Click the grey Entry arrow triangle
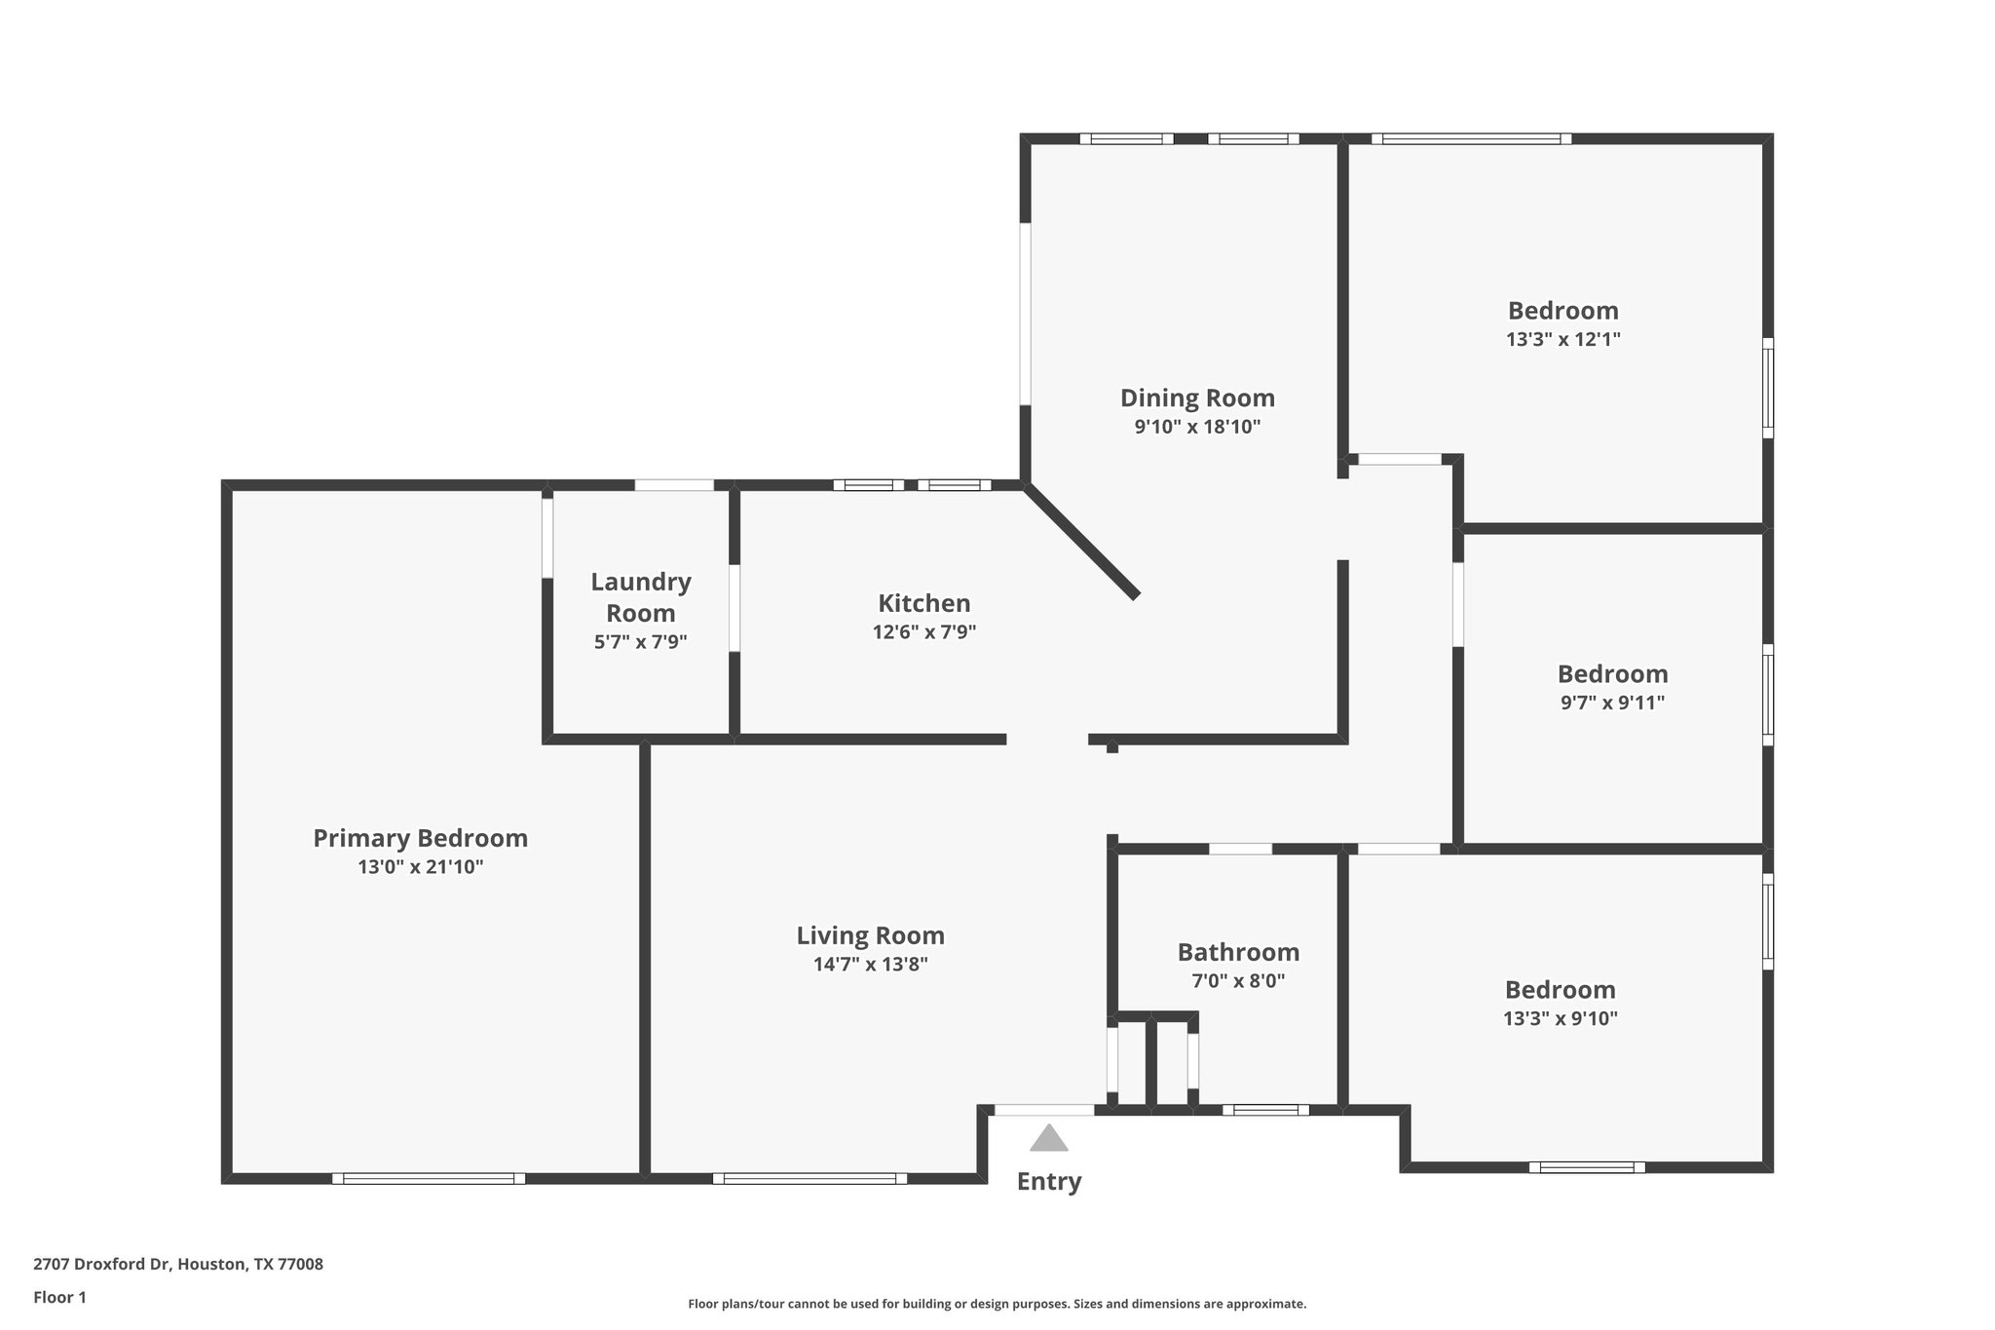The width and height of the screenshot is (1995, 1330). [1048, 1139]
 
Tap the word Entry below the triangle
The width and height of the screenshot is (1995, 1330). [1049, 1182]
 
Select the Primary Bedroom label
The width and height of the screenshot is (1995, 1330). [420, 838]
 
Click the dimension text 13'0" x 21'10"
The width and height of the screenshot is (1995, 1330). [420, 867]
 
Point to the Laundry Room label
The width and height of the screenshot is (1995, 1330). [640, 597]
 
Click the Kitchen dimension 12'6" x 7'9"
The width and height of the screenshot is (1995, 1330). [923, 632]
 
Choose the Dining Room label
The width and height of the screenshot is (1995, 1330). [1197, 398]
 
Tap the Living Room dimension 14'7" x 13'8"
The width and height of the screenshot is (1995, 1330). [870, 965]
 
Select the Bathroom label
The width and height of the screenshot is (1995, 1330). [1238, 952]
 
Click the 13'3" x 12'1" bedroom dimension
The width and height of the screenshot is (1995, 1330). [1562, 340]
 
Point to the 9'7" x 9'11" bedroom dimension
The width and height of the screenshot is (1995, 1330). [1612, 703]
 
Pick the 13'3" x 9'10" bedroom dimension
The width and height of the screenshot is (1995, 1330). [1560, 1019]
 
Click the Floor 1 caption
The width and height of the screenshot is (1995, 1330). [59, 1297]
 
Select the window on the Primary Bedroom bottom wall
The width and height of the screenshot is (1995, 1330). [429, 1178]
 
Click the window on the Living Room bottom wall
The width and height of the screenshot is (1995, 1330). [809, 1178]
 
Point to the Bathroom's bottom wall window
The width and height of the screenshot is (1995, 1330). [1265, 1109]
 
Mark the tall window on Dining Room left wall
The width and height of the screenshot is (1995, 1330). [1025, 314]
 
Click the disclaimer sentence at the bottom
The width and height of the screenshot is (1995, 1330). [997, 1304]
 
